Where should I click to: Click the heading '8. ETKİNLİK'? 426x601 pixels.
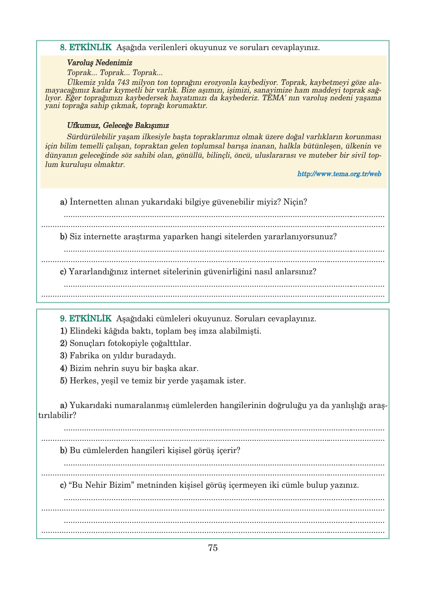click(x=86, y=47)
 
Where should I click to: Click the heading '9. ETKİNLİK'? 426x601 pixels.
click(x=86, y=319)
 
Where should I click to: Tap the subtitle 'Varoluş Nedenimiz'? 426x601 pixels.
click(x=99, y=63)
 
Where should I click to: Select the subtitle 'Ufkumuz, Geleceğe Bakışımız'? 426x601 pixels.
click(x=118, y=126)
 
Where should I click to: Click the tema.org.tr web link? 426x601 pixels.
click(x=339, y=174)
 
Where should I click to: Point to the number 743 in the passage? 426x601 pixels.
click(x=123, y=82)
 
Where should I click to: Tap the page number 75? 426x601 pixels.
click(x=213, y=548)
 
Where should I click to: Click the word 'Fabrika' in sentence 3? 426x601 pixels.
click(x=84, y=356)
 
